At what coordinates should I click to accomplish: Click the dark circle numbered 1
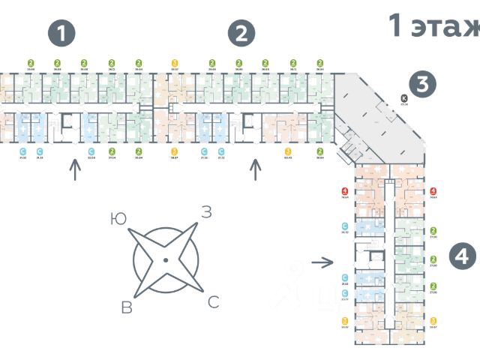62,33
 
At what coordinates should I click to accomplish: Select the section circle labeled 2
241,33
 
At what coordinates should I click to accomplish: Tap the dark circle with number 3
422,85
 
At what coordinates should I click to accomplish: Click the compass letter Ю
117,219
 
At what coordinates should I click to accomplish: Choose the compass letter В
127,306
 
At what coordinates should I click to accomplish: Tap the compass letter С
213,302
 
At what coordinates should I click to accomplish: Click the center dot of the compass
165,260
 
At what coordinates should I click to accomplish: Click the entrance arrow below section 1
74,170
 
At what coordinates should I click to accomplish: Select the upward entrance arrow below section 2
256,170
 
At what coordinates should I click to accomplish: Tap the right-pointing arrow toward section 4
322,262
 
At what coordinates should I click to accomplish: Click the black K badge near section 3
403,97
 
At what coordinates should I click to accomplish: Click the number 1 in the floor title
396,25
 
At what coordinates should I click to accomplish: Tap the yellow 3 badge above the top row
175,63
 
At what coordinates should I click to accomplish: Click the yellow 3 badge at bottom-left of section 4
344,320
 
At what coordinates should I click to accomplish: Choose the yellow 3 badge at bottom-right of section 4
433,320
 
